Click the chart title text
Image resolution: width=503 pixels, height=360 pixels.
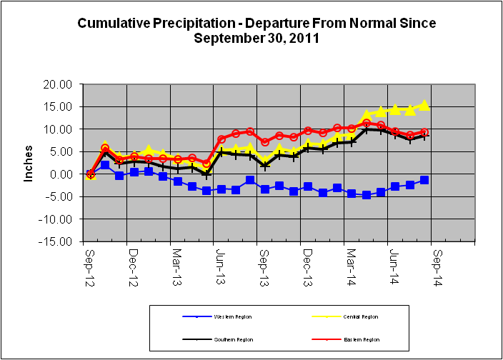click(257, 31)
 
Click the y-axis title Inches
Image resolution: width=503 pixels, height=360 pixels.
click(29, 164)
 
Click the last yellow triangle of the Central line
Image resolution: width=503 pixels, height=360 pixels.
click(424, 105)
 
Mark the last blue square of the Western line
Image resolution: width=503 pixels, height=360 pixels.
click(424, 180)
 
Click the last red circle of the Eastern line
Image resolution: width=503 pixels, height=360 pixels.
click(424, 132)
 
